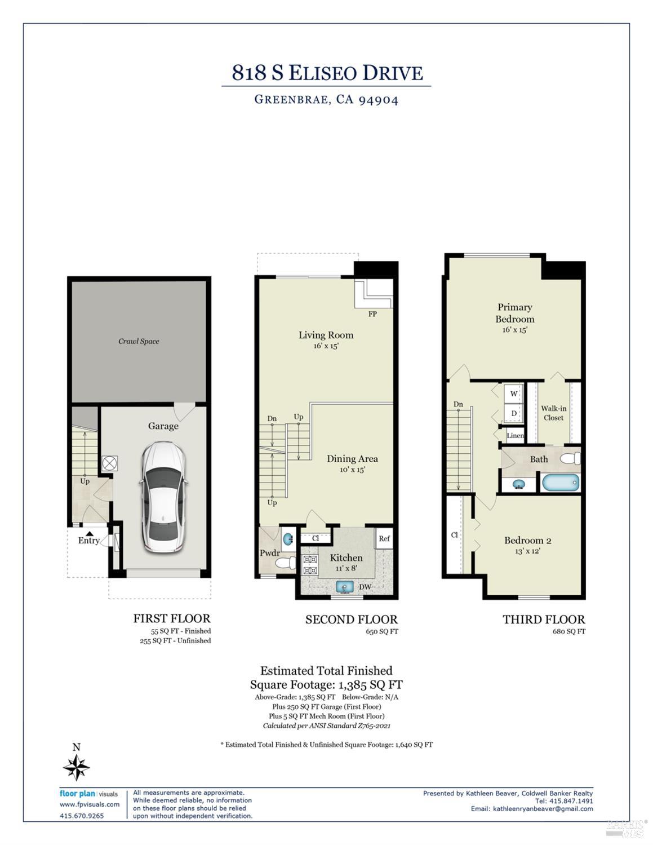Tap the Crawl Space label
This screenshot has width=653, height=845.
click(139, 341)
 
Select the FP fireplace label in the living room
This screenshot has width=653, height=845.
click(372, 314)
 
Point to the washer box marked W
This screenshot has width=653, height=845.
click(514, 393)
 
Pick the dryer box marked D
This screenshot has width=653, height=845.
click(514, 413)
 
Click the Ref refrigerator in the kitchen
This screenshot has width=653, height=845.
click(384, 539)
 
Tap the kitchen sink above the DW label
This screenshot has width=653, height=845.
click(344, 587)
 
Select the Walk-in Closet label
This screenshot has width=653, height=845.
click(553, 413)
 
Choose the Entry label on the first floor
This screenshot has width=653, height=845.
click(88, 541)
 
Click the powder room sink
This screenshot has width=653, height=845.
click(288, 539)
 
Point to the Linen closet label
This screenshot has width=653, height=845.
click(515, 436)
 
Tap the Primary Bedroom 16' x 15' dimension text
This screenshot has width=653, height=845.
click(514, 330)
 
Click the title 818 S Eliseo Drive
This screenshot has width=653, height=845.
click(327, 73)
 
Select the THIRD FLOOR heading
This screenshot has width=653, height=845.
click(544, 620)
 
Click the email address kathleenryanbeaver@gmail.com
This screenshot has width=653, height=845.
click(543, 809)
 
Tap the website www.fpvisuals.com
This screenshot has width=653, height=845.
click(90, 804)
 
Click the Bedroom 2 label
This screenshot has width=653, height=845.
click(527, 541)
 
